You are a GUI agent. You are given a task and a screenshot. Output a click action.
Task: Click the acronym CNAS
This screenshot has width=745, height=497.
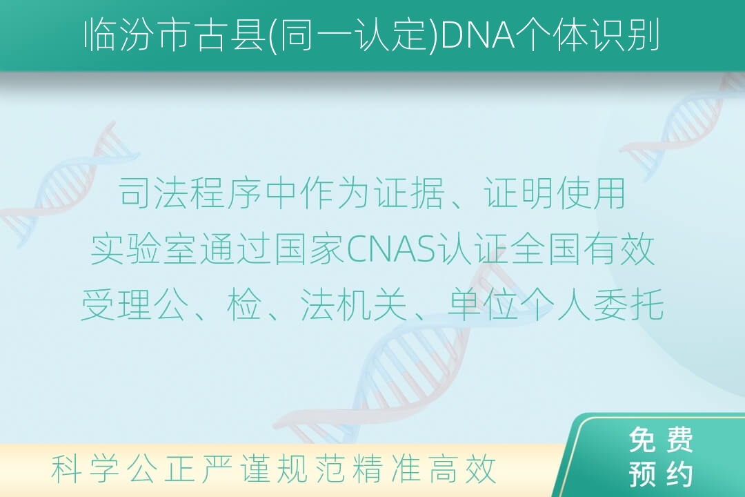(x=391, y=249)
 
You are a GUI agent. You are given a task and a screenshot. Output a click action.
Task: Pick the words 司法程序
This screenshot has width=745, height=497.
(x=190, y=193)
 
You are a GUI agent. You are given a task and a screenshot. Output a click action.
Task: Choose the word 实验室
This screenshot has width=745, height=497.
(x=143, y=249)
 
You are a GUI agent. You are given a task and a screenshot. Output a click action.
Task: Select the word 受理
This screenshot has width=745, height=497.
(x=117, y=304)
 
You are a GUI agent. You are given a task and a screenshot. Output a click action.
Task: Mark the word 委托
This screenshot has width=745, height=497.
(x=628, y=304)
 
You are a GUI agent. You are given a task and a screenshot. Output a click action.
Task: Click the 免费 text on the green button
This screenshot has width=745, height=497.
(x=661, y=440)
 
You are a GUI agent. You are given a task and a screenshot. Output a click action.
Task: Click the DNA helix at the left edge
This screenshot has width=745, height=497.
(x=66, y=186)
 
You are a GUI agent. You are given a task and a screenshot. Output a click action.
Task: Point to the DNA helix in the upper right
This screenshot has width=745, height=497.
(x=684, y=128)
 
